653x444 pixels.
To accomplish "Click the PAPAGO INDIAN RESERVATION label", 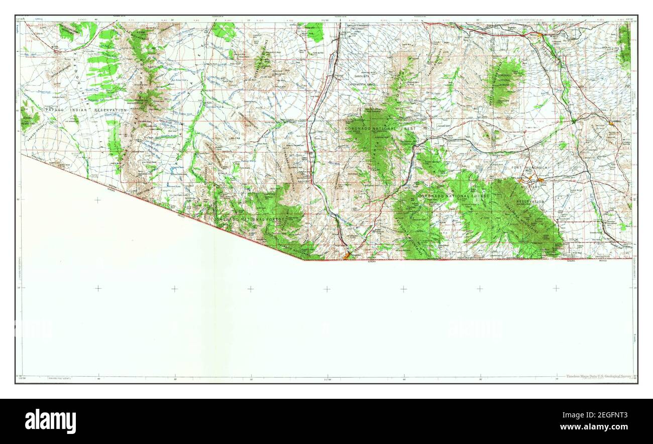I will click(86, 109).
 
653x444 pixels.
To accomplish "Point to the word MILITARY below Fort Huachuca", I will click(530, 187).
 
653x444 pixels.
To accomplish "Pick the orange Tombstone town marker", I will click(611, 123).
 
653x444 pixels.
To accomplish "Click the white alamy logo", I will click(51, 421).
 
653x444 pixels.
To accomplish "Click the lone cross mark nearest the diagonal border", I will click(97, 200).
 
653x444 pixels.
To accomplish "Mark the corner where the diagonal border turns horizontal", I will click(304, 260).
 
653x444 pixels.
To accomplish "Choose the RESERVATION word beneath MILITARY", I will click(530, 201).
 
